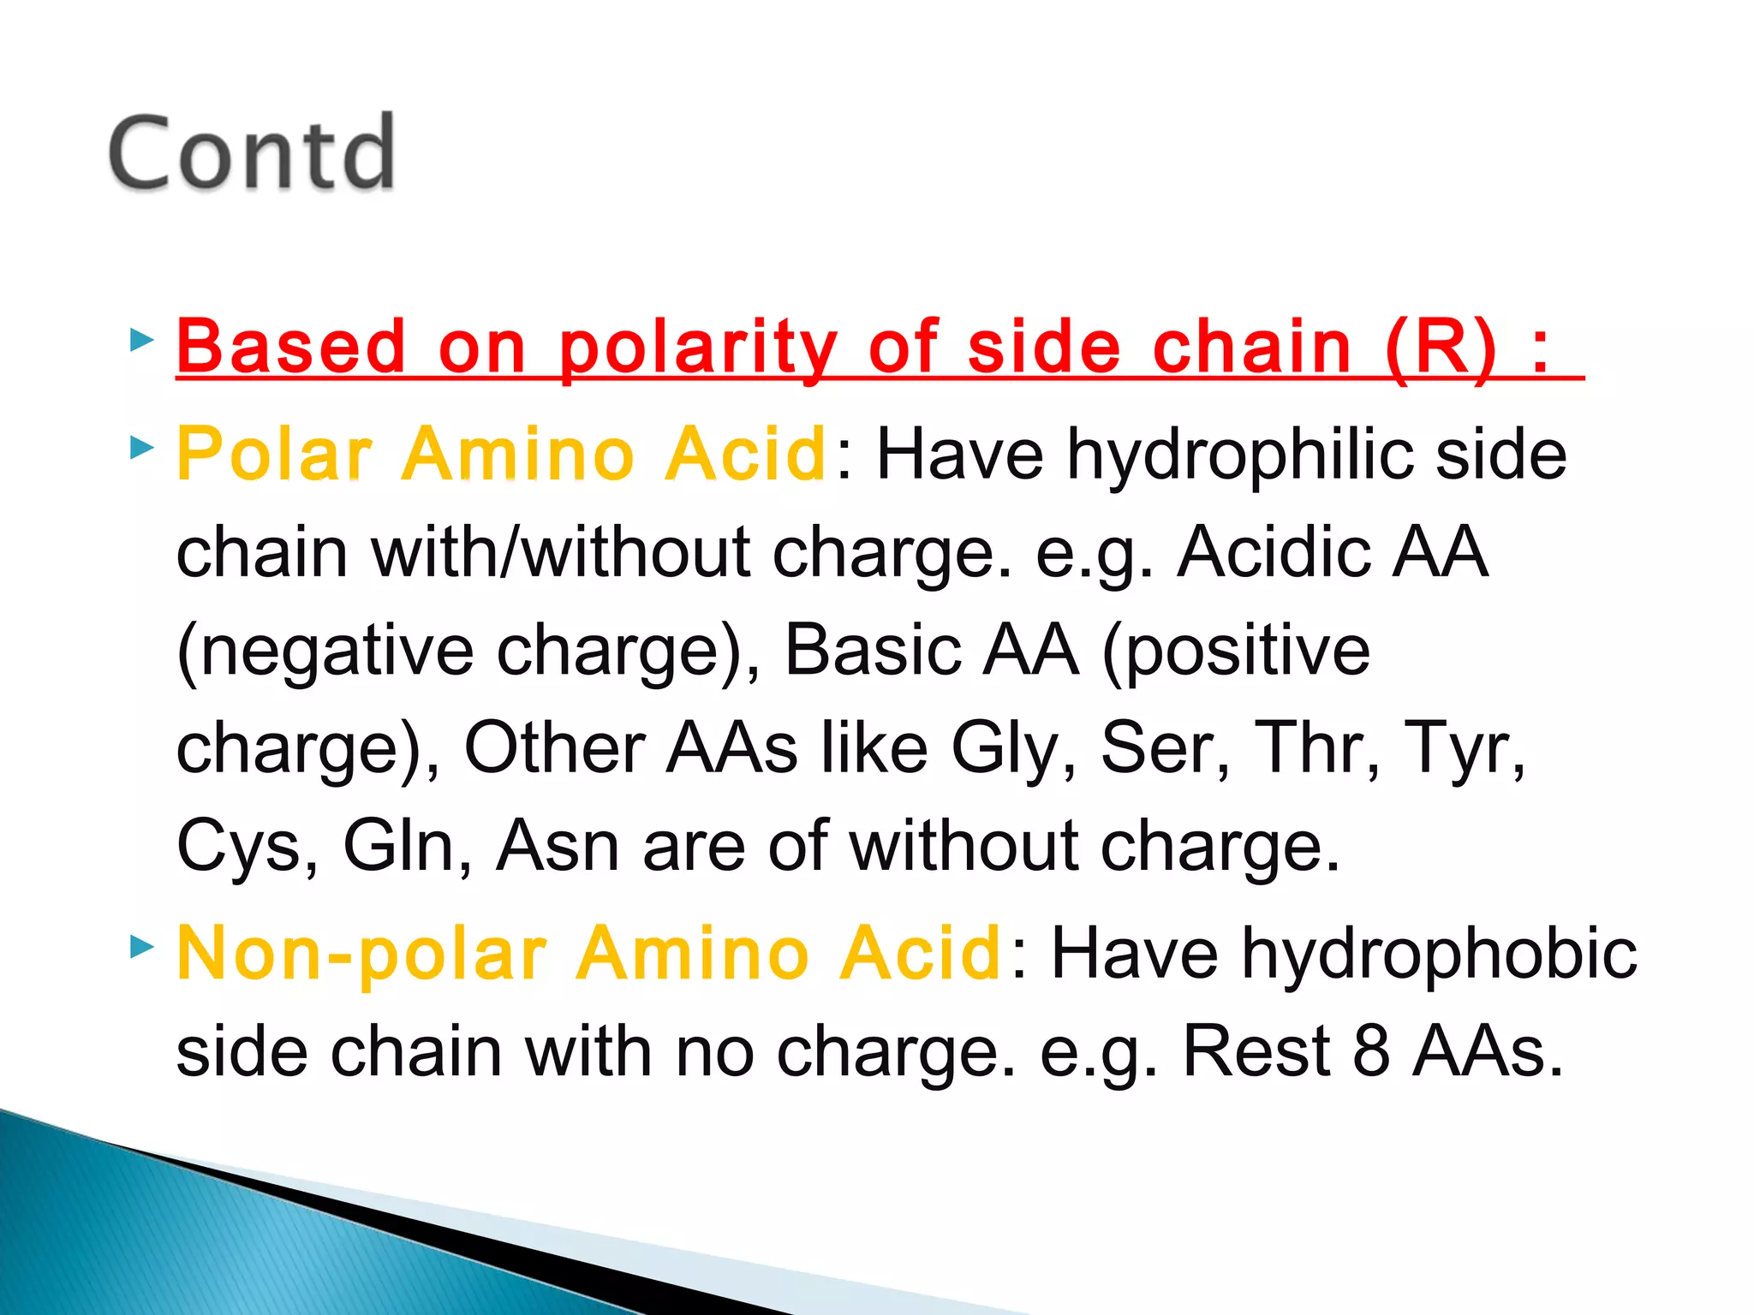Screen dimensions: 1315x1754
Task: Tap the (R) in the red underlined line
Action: coord(1441,347)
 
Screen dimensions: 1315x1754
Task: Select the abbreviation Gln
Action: coord(397,846)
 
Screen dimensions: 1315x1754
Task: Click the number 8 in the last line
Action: coord(1371,1051)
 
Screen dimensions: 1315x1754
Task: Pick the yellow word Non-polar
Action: coord(361,954)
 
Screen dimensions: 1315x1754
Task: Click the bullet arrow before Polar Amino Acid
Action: coord(142,447)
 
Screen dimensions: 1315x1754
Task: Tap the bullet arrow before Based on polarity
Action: coord(142,342)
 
